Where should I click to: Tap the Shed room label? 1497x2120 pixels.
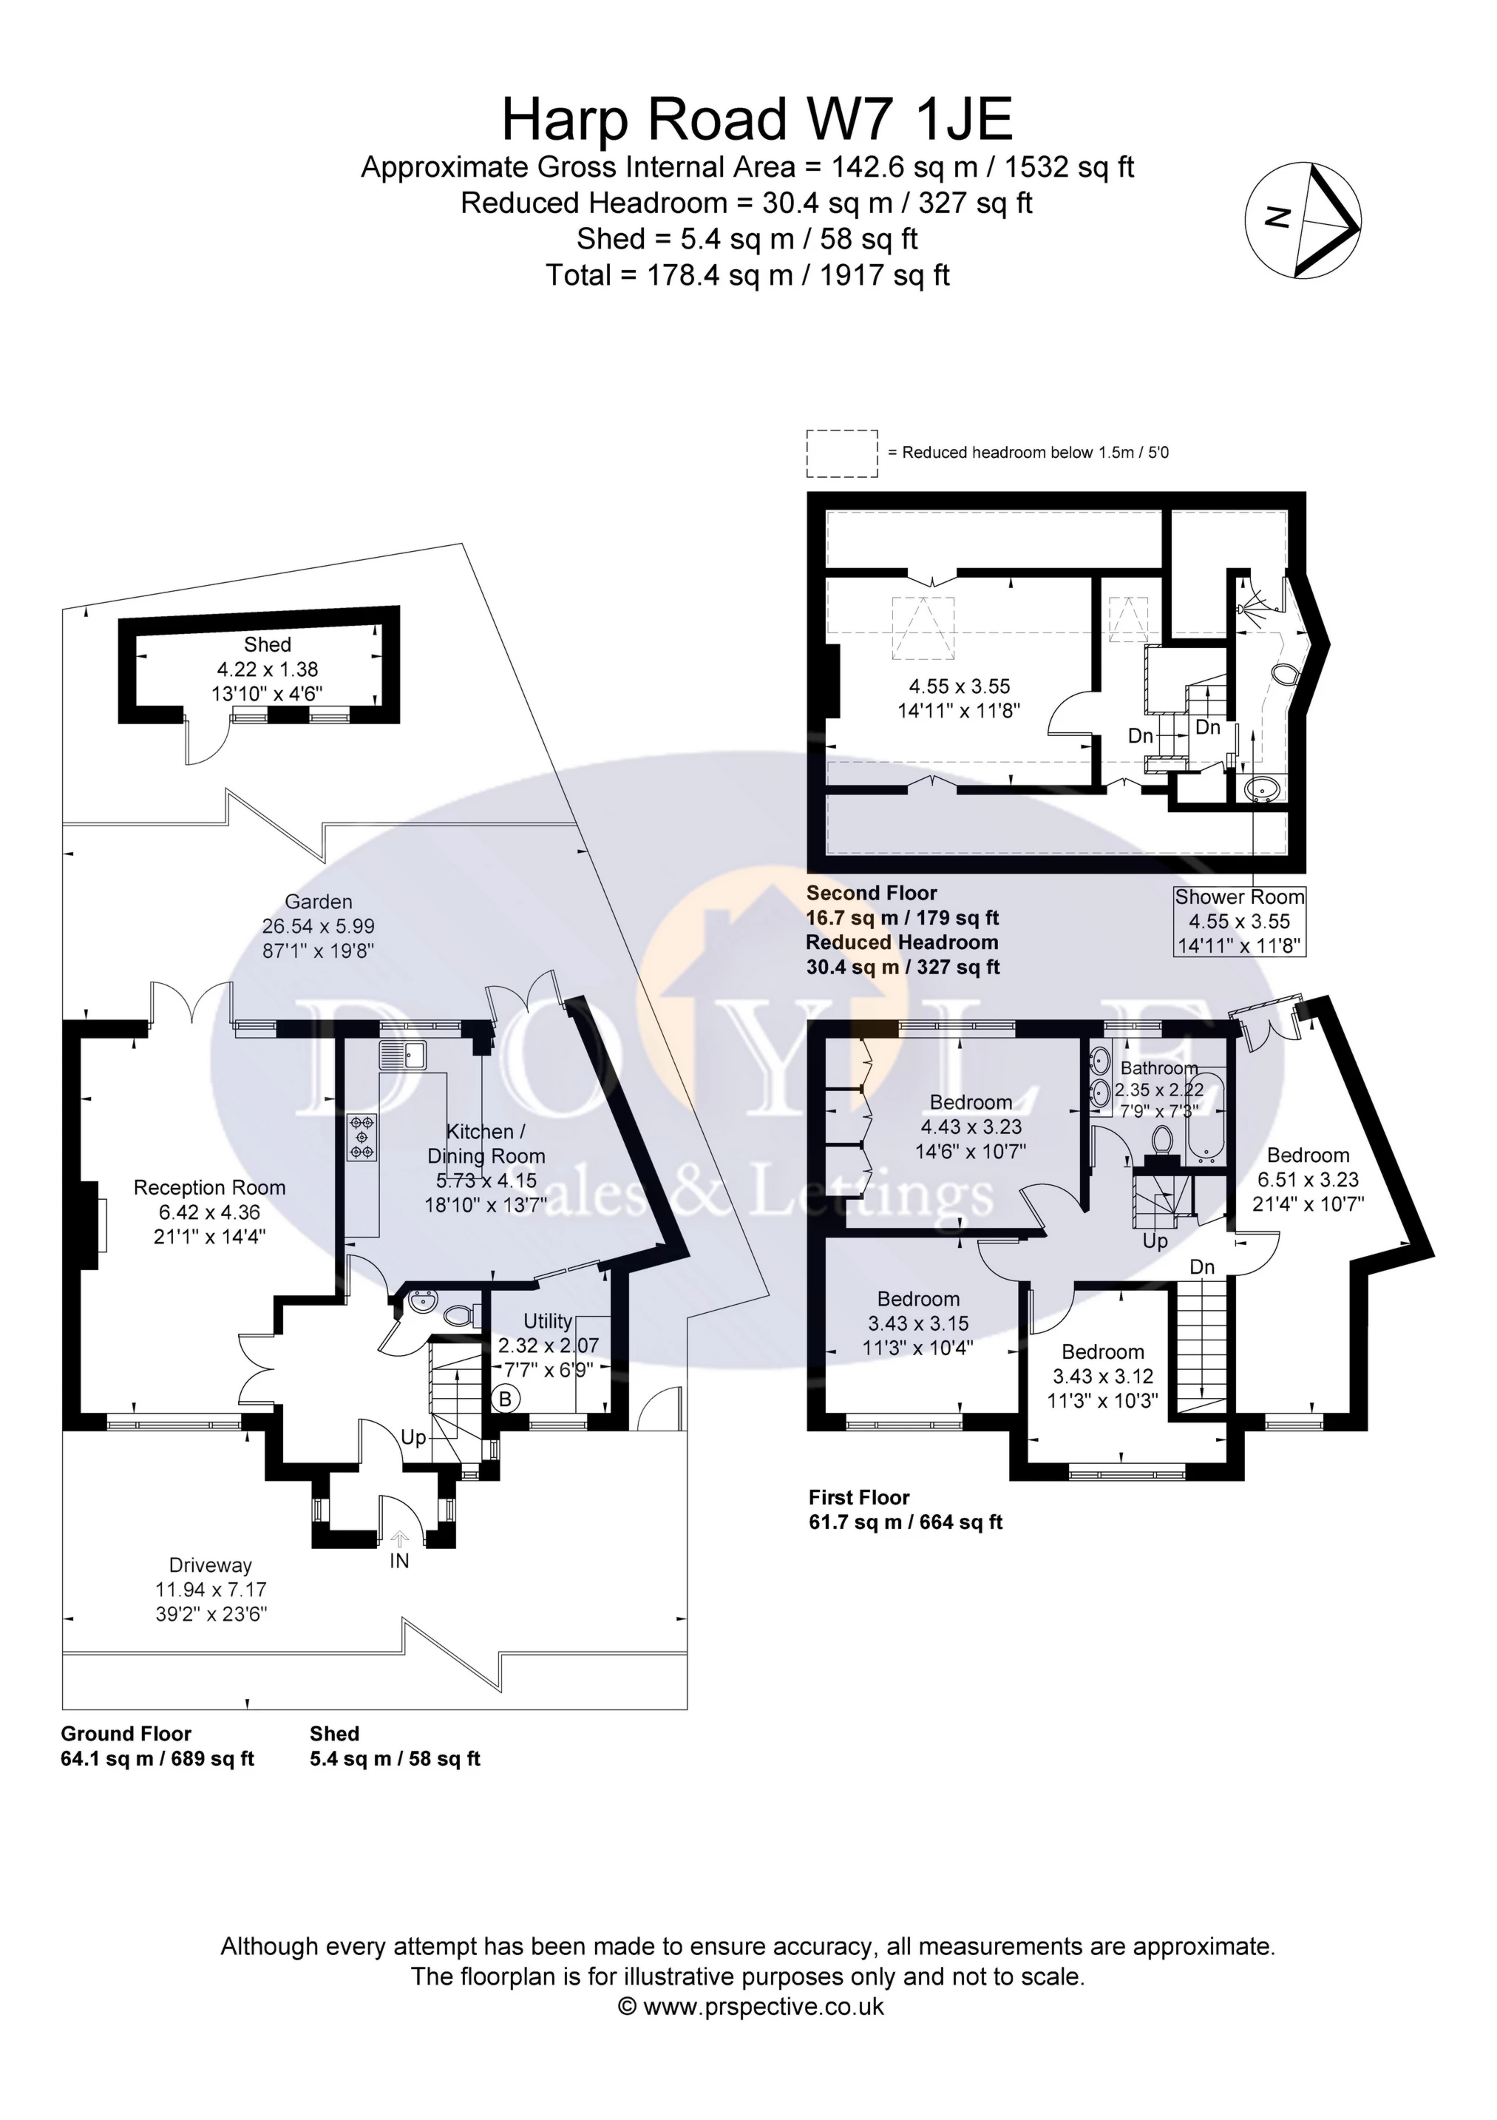coord(268,644)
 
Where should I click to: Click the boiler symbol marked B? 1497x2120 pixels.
coord(505,1399)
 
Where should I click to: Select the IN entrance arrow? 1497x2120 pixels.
coord(400,1539)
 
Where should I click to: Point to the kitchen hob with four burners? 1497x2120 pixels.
coord(361,1138)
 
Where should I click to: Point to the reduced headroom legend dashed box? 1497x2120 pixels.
coord(842,453)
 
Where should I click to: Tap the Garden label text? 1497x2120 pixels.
coord(319,902)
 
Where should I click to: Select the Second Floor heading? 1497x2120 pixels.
coord(872,893)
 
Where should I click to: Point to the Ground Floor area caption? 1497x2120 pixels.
coord(126,1733)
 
